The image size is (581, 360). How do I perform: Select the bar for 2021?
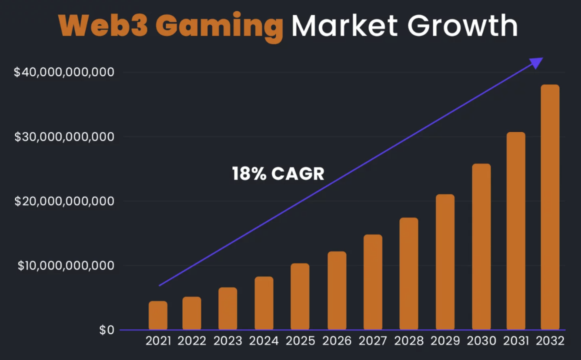pos(158,315)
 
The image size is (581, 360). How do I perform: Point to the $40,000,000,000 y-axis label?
pos(64,72)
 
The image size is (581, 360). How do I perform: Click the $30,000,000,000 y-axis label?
pos(64,137)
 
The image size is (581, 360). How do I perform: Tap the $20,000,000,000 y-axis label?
pos(64,201)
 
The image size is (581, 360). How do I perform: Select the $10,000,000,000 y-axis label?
pos(66,265)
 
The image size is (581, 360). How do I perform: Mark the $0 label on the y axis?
pos(107,330)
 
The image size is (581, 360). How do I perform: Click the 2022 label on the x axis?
pos(192,341)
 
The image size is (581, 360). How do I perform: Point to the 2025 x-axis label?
pos(300,341)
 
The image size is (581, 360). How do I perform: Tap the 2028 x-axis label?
pos(409,341)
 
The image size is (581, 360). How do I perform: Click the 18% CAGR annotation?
pos(278,174)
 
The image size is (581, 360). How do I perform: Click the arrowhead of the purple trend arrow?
pos(536,62)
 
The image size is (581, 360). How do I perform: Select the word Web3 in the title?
pos(103,25)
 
